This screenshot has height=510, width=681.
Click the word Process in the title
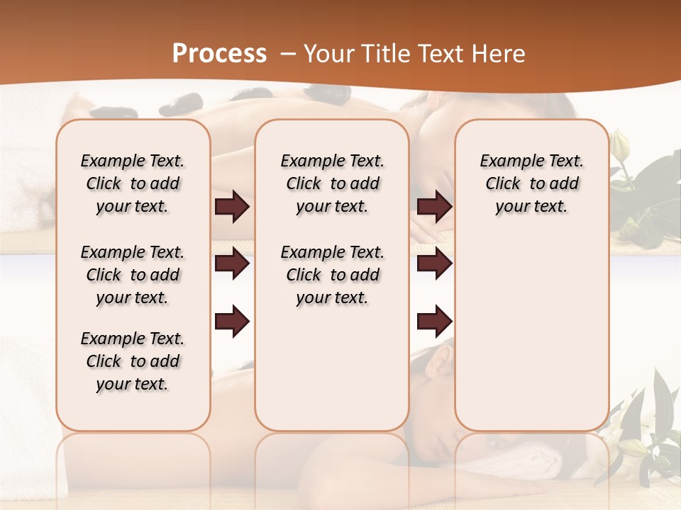coord(219,54)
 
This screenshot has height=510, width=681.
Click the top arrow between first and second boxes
coord(232,207)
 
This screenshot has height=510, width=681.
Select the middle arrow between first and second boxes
coord(232,263)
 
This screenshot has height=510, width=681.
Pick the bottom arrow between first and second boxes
coord(232,322)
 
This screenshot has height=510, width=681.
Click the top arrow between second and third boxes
coord(434,207)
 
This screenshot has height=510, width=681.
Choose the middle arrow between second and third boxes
coord(434,263)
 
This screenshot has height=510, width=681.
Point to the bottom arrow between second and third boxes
coord(434,322)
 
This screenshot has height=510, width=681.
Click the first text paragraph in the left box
coord(133,183)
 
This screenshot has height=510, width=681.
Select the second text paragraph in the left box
coord(133,275)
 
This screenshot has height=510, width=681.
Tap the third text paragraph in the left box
coord(133,361)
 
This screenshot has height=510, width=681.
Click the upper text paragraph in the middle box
coord(332,183)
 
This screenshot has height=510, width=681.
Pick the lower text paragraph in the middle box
coord(332,275)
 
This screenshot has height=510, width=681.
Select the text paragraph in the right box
coord(531,183)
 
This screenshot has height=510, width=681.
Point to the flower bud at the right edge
coord(620,146)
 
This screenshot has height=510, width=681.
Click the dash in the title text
coord(288,54)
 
